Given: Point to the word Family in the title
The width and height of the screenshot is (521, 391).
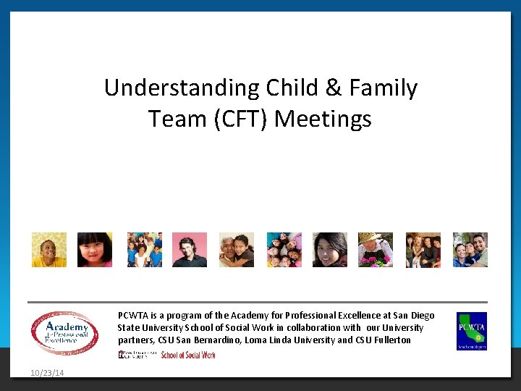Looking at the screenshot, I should pyautogui.click(x=384, y=88).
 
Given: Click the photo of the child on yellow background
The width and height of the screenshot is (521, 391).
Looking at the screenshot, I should pyautogui.click(x=48, y=250).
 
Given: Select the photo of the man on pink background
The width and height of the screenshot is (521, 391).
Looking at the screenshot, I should pyautogui.click(x=190, y=250).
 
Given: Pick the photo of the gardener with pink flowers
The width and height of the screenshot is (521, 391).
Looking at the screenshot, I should pyautogui.click(x=376, y=250).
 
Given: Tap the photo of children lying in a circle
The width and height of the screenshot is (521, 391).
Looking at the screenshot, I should pyautogui.click(x=284, y=250).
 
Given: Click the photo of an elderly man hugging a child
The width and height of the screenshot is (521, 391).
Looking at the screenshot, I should pyautogui.click(x=237, y=250).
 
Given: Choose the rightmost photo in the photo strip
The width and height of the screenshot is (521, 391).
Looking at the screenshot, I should pyautogui.click(x=470, y=250).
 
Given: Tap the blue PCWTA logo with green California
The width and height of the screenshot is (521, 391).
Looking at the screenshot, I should pyautogui.click(x=471, y=331).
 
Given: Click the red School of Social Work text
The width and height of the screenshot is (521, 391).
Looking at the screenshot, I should pyautogui.click(x=188, y=355).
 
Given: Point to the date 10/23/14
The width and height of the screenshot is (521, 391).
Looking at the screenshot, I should pyautogui.click(x=47, y=373).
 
